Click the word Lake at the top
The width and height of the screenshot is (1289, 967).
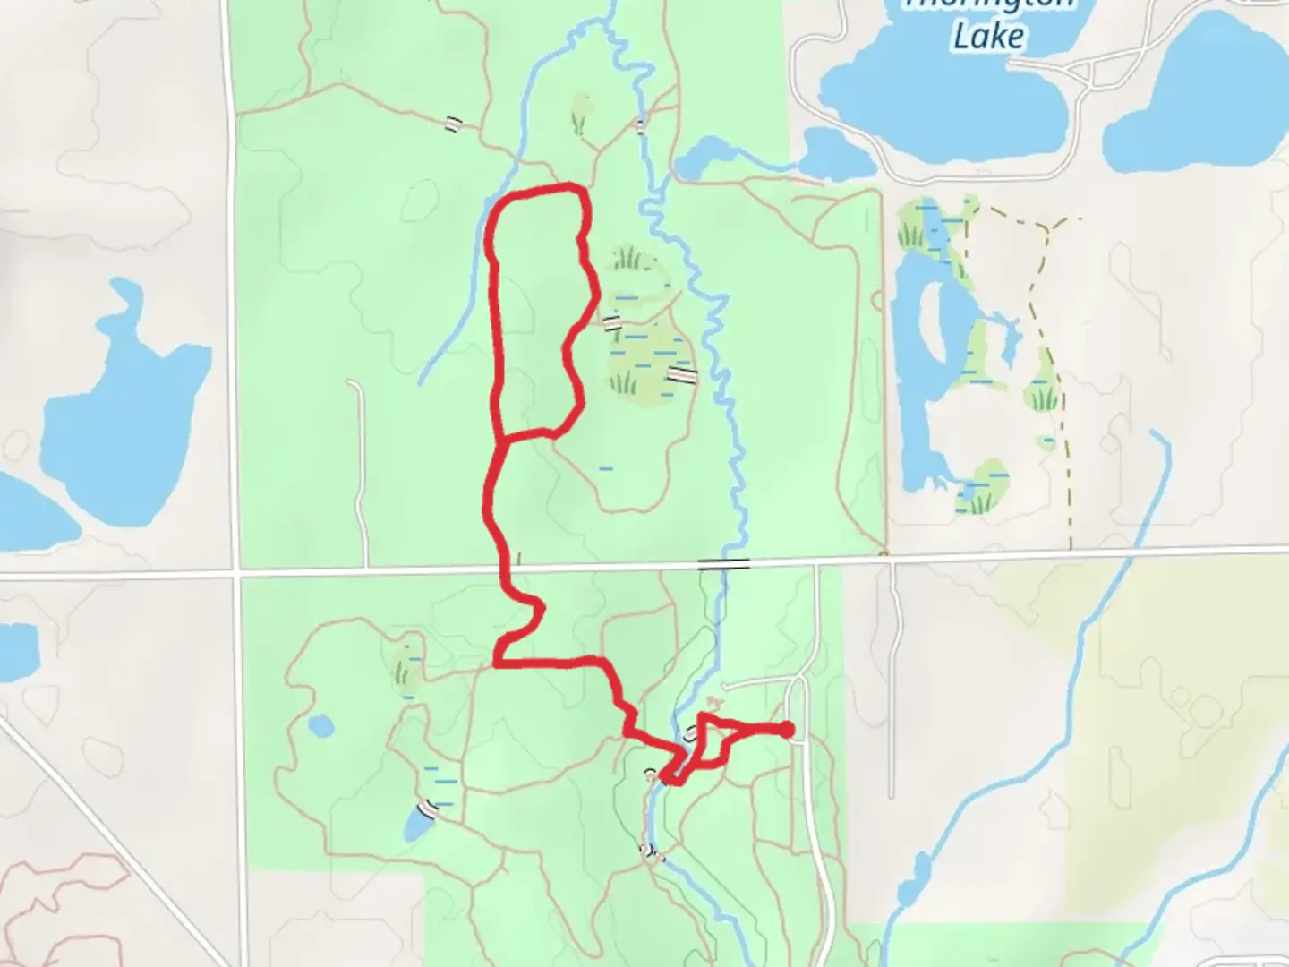[988, 37]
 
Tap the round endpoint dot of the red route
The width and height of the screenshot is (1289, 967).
[787, 730]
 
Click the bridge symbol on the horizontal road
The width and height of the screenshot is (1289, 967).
[723, 564]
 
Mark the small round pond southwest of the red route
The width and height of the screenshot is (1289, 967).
[319, 723]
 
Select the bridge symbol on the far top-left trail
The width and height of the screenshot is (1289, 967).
[454, 124]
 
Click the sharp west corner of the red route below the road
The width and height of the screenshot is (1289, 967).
[497, 663]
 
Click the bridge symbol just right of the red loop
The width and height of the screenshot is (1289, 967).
[612, 322]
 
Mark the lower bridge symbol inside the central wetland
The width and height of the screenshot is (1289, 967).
[682, 374]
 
